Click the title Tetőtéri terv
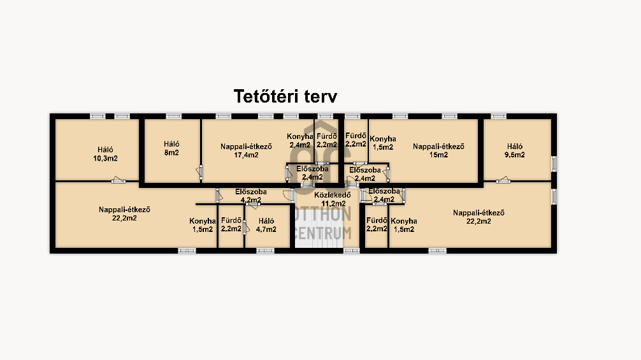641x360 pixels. click(x=285, y=96)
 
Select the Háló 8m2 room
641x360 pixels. click(x=171, y=148)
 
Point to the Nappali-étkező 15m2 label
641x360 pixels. click(x=438, y=150)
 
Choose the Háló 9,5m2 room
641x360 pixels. click(x=515, y=150)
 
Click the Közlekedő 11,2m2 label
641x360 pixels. click(x=333, y=199)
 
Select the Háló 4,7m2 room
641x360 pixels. click(x=266, y=224)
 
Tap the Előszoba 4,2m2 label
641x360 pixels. click(x=250, y=196)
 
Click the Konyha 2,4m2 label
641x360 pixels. click(x=299, y=141)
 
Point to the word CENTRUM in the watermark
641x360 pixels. click(x=322, y=234)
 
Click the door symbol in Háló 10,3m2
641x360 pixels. click(x=118, y=180)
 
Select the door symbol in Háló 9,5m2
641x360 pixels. click(x=504, y=180)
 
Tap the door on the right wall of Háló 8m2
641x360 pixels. click(x=199, y=171)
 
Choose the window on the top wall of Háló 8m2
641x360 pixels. click(x=173, y=116)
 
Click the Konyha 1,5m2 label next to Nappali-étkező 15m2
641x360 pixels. click(x=383, y=143)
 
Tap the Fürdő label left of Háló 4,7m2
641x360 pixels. click(x=231, y=224)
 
